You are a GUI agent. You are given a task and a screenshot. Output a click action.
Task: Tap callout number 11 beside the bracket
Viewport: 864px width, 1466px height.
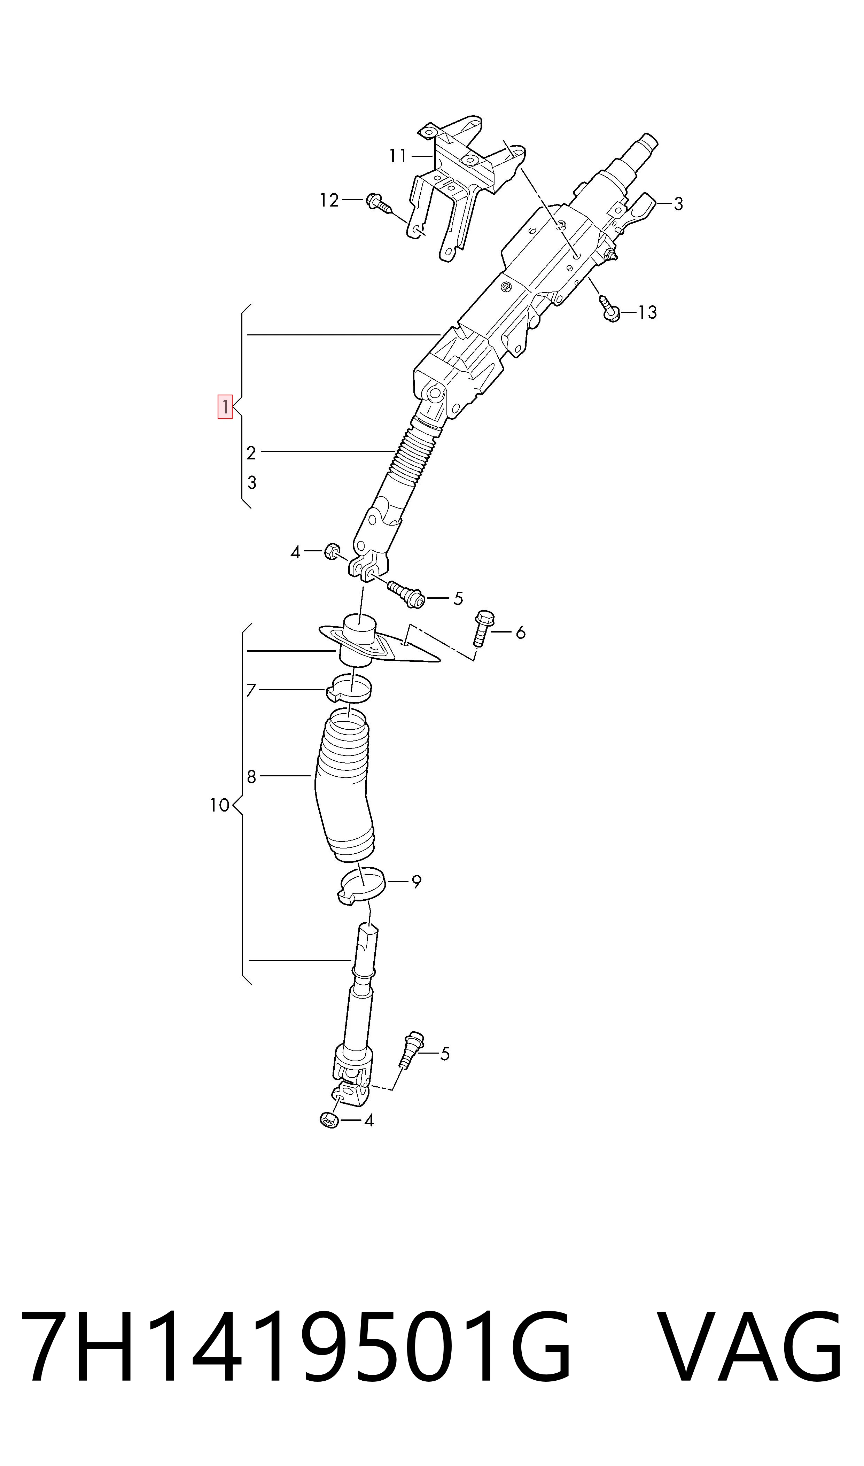point(398,156)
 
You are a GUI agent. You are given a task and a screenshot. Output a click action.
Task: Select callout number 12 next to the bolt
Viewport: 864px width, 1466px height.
point(329,200)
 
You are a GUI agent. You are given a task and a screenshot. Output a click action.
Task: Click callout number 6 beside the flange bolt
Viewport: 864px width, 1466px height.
point(521,632)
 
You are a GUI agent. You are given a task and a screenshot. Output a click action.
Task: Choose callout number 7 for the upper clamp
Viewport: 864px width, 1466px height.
point(251,690)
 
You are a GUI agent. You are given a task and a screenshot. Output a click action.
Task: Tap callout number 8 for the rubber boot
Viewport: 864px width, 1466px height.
point(251,777)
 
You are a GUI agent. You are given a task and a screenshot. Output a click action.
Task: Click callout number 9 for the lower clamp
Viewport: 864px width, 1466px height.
point(416,882)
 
